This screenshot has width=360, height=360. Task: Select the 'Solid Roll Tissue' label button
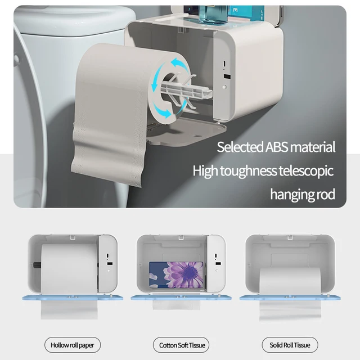click(290, 344)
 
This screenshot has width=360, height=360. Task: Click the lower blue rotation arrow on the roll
click(163, 110)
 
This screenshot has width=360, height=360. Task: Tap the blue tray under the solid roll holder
click(290, 296)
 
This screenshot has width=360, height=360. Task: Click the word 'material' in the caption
click(312, 148)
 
